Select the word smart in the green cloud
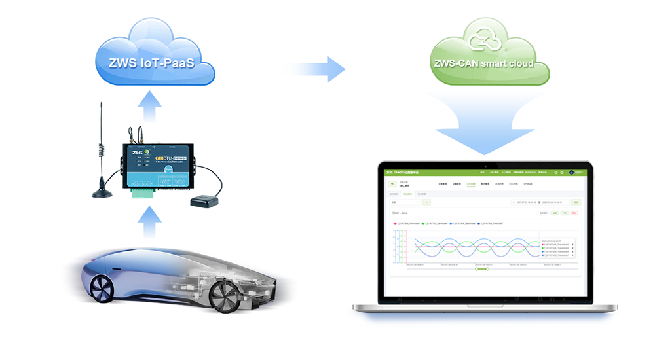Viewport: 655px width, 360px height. (x=490, y=64)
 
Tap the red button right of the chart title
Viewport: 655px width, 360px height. (x=574, y=213)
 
